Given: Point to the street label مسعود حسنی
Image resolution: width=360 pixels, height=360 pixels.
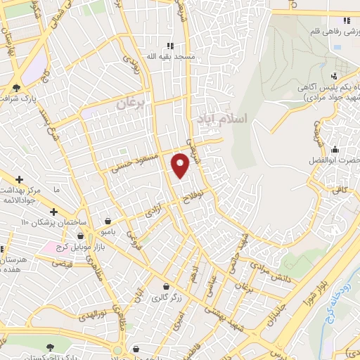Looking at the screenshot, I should [132, 163].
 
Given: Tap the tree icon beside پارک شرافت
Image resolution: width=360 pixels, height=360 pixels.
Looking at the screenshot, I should [16, 88].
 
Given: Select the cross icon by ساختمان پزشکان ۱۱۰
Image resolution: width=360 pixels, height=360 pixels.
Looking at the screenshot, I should [53, 212].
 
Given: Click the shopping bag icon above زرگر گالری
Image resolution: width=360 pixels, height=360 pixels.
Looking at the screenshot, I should [165, 287].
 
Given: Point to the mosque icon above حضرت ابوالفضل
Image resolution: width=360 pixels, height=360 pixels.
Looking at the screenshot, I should [335, 149].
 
